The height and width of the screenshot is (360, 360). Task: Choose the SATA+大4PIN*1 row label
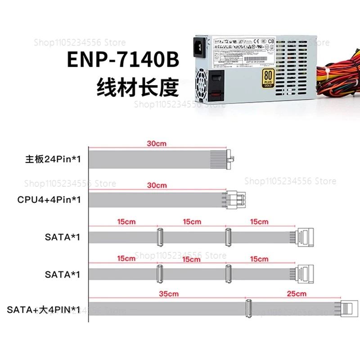click(44, 310)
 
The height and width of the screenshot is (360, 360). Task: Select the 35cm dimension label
click(169, 294)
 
